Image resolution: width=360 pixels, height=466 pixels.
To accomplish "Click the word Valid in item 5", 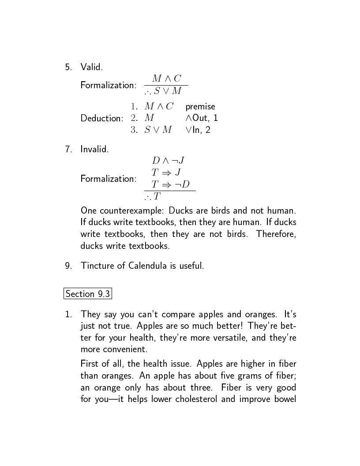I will click(91, 67).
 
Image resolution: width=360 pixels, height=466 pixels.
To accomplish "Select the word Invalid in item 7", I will click(94, 149).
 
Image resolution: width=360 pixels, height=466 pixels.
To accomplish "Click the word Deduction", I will click(101, 118).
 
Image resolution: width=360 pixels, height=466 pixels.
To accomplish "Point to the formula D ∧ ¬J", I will click(168, 160).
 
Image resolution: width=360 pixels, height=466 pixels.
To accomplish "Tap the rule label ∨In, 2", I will click(198, 130).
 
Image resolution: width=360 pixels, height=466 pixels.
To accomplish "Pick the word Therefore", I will click(276, 233).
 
